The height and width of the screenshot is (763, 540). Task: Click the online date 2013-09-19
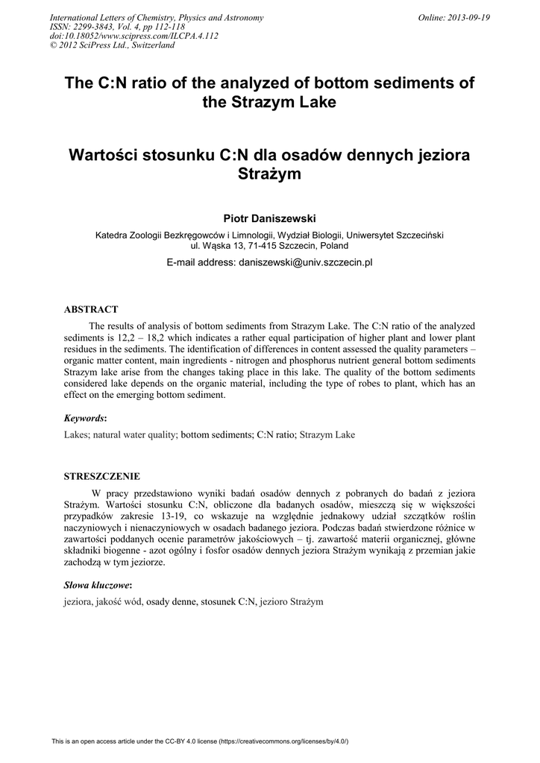[x=468, y=18]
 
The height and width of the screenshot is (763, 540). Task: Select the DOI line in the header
[x=134, y=36]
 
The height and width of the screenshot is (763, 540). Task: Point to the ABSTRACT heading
[x=91, y=309]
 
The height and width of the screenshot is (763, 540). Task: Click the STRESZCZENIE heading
[x=101, y=475]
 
